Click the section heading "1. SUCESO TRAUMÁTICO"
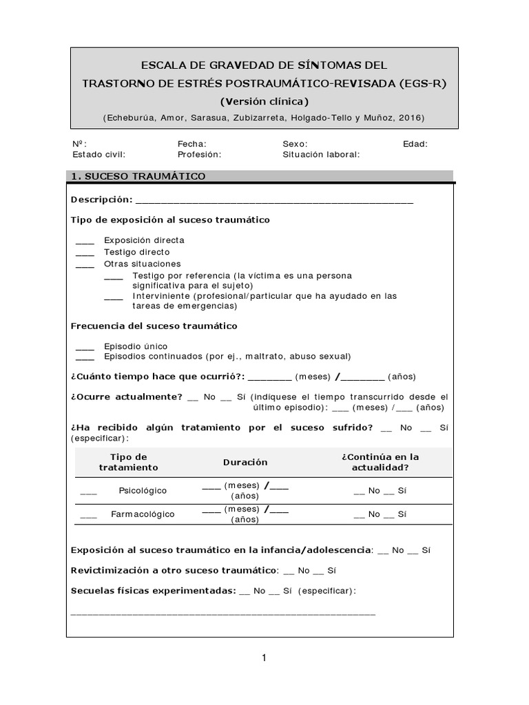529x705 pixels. click(138, 177)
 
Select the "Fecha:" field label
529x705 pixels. click(192, 144)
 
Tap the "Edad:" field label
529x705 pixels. click(415, 144)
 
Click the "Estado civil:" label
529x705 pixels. click(99, 154)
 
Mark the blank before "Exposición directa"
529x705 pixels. click(85, 240)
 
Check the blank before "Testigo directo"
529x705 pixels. click(85, 252)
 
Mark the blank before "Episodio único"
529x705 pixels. click(85, 346)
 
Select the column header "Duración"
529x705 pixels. click(245, 462)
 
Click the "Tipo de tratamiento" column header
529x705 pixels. click(128, 462)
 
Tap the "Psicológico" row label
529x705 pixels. click(143, 491)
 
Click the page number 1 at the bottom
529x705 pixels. click(264, 658)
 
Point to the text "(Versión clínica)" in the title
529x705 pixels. click(264, 101)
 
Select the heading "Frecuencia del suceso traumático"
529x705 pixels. click(154, 325)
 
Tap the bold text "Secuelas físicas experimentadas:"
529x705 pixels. click(153, 591)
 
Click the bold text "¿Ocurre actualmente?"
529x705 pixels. click(127, 397)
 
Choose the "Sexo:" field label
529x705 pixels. click(295, 144)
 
